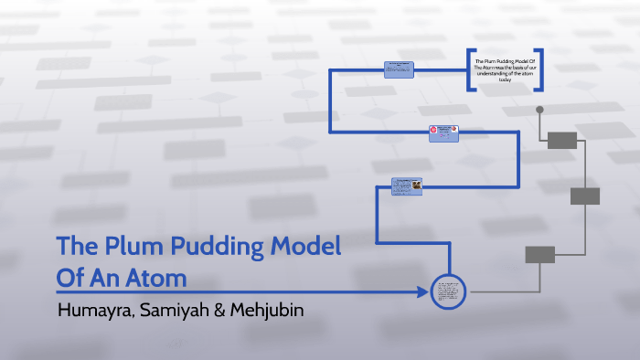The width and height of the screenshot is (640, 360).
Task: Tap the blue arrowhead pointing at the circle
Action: click(x=421, y=292)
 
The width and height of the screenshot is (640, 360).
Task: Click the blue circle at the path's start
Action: click(x=449, y=292)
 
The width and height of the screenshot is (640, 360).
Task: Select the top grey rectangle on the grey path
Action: click(x=562, y=140)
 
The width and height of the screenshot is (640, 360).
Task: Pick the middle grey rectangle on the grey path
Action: click(x=584, y=196)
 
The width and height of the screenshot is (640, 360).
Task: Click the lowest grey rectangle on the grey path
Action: click(x=540, y=254)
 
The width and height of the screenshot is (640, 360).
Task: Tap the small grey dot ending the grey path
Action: click(x=539, y=110)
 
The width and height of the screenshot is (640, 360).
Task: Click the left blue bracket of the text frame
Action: click(x=469, y=69)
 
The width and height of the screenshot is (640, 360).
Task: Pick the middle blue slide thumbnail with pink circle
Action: click(x=444, y=132)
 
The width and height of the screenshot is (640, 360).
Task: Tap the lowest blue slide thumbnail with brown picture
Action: click(x=407, y=185)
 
